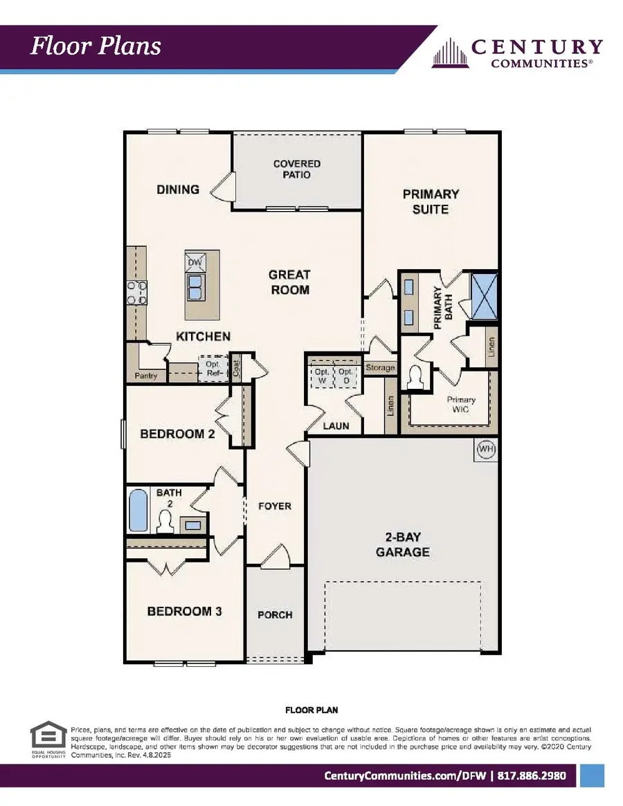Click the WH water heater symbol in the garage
click(x=486, y=450)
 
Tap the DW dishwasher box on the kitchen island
click(x=195, y=262)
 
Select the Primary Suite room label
click(x=431, y=201)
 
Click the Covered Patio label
click(x=296, y=169)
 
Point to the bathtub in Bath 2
click(x=138, y=511)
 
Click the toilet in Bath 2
click(x=166, y=522)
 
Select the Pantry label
click(x=146, y=376)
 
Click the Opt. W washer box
click(x=321, y=376)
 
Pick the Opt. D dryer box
click(x=345, y=376)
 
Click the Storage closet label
click(x=380, y=367)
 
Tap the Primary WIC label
click(x=460, y=405)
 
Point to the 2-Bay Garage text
click(x=402, y=544)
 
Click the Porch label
click(x=275, y=614)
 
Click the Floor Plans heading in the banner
click(x=96, y=46)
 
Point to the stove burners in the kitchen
click(x=136, y=292)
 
